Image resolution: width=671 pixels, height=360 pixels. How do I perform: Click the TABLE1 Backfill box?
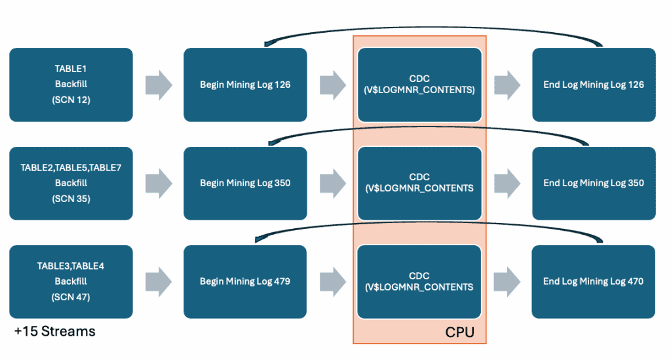click(71, 85)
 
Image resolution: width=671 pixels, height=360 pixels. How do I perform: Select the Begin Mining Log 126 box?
click(245, 85)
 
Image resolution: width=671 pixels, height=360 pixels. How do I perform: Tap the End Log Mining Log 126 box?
click(594, 85)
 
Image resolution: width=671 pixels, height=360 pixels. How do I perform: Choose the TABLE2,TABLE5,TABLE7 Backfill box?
click(71, 183)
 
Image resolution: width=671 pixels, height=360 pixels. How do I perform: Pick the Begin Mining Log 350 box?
click(245, 183)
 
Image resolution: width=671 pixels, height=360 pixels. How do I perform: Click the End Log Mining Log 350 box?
click(594, 183)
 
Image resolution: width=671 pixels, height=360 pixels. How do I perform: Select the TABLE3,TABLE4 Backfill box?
click(71, 281)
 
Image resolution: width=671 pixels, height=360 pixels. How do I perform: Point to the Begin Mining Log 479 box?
click(245, 281)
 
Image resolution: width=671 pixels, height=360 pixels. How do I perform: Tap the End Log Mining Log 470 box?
click(594, 281)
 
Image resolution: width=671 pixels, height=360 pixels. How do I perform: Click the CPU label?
click(459, 332)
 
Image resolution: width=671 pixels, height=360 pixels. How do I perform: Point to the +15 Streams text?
click(54, 331)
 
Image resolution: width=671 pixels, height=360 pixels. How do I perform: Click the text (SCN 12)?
click(71, 100)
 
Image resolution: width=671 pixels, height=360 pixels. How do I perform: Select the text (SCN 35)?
click(71, 198)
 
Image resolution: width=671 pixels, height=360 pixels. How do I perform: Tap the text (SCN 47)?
click(71, 296)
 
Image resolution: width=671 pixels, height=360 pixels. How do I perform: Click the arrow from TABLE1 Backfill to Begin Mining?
click(158, 85)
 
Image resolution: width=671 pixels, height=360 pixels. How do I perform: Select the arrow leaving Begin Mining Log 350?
click(332, 183)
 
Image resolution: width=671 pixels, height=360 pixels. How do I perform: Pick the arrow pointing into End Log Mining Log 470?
click(507, 281)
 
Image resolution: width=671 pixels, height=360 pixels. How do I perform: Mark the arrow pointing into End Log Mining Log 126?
click(507, 85)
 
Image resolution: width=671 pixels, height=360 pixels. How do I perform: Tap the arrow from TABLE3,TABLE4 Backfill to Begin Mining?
click(158, 281)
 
